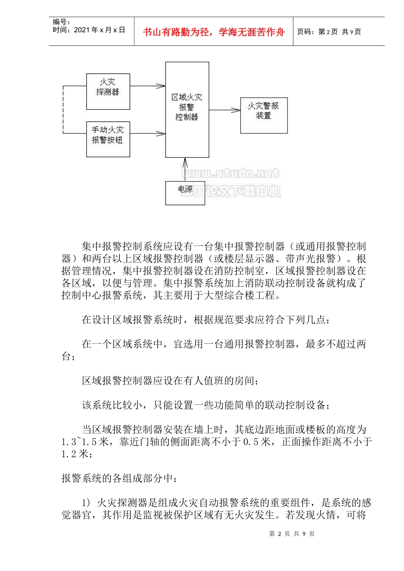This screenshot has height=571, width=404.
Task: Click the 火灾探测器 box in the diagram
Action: tap(108, 91)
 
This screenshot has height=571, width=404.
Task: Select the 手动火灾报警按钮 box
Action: tap(108, 139)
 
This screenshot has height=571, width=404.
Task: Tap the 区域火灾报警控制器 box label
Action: tap(187, 107)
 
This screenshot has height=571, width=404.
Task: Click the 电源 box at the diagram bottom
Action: tap(185, 193)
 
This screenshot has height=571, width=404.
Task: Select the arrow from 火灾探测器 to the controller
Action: tap(148, 86)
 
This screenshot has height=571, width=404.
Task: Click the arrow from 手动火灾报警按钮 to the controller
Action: tap(148, 134)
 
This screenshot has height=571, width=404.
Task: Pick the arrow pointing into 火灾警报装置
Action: tap(225, 110)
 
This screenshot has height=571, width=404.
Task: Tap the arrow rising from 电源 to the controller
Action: tap(185, 169)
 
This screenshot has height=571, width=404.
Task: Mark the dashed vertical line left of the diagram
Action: tap(63, 110)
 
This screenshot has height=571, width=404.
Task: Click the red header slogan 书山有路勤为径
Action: tap(213, 32)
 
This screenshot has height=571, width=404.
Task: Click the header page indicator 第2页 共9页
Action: tap(329, 32)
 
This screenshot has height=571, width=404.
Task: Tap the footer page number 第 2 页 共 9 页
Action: tap(292, 534)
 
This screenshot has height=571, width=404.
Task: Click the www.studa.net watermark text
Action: tap(230, 173)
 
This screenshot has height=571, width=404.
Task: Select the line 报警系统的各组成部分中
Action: tap(119, 478)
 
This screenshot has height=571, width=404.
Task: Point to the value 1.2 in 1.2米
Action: tap(69, 454)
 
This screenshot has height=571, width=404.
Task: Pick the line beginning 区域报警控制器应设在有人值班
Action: tap(170, 381)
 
